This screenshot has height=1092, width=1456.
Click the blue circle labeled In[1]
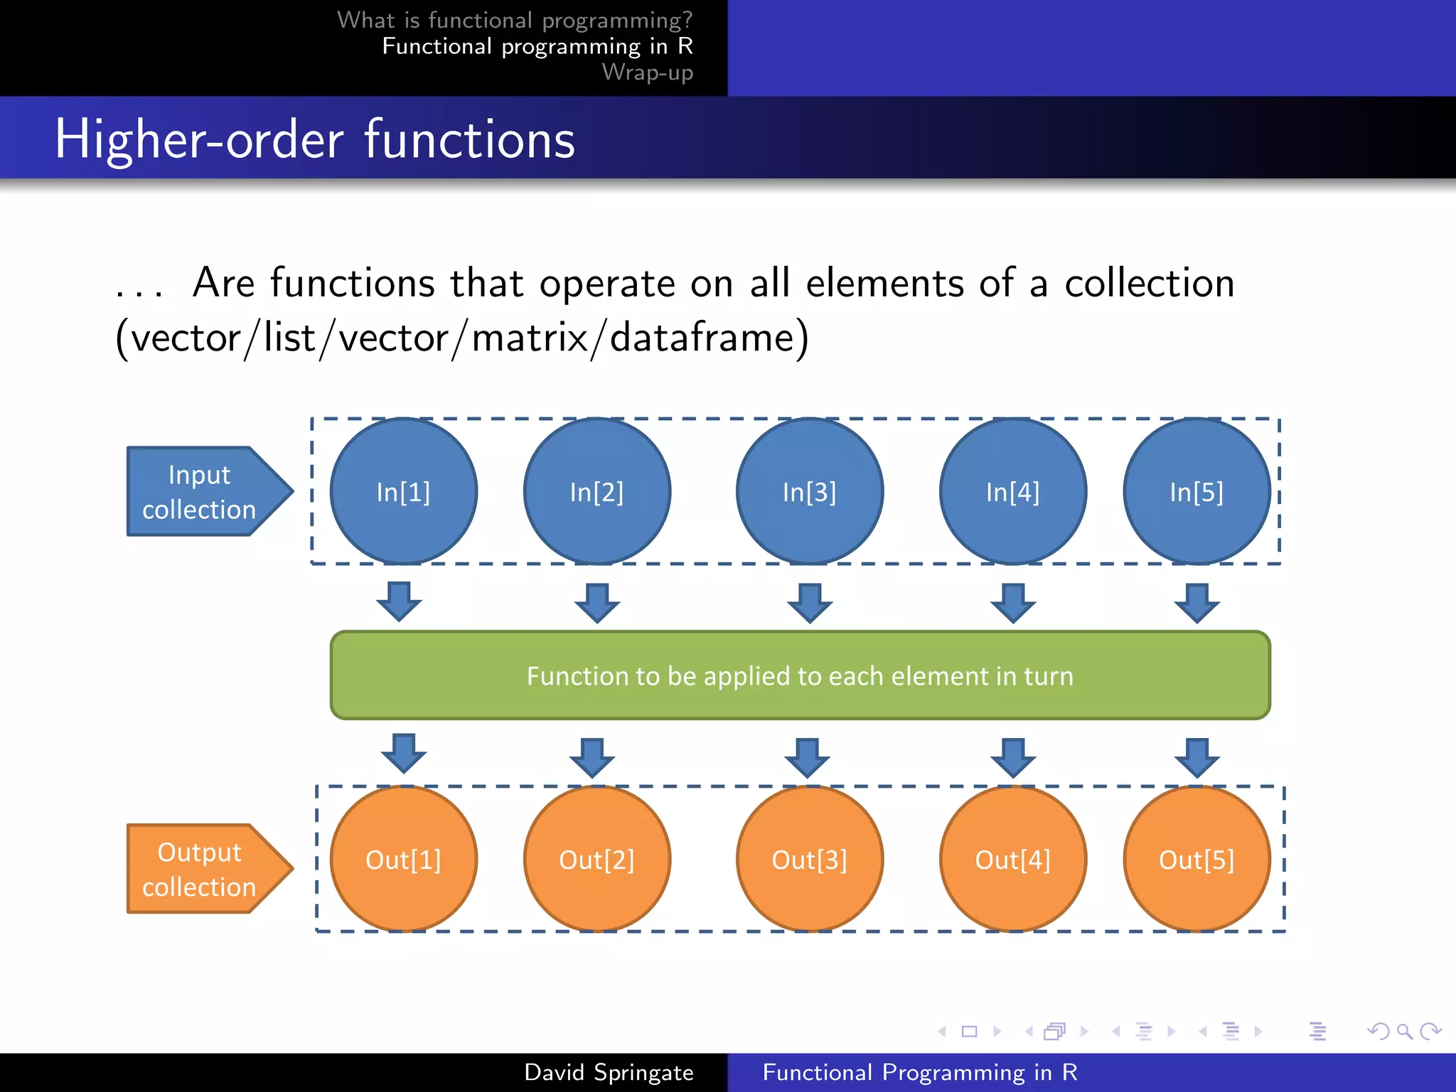(403, 491)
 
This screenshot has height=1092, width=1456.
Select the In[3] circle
(809, 491)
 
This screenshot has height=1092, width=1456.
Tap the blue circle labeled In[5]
(1197, 491)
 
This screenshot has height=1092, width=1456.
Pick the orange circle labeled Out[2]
(596, 859)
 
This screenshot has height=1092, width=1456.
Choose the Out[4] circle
(1012, 859)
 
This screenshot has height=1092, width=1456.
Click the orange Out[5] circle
(1197, 859)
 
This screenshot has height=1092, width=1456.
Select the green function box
(800, 675)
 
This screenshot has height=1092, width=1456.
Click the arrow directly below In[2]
(596, 602)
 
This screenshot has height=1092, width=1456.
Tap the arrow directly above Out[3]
(807, 757)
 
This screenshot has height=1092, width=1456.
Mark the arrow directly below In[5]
(1197, 602)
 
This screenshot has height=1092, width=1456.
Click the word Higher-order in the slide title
(199, 139)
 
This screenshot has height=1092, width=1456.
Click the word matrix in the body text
(530, 337)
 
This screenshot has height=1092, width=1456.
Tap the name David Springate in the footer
(609, 1072)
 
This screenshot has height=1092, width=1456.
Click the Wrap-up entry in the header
(647, 73)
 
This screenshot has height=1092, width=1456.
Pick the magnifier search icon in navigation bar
(1404, 1031)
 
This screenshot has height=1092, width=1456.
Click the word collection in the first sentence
(1149, 283)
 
